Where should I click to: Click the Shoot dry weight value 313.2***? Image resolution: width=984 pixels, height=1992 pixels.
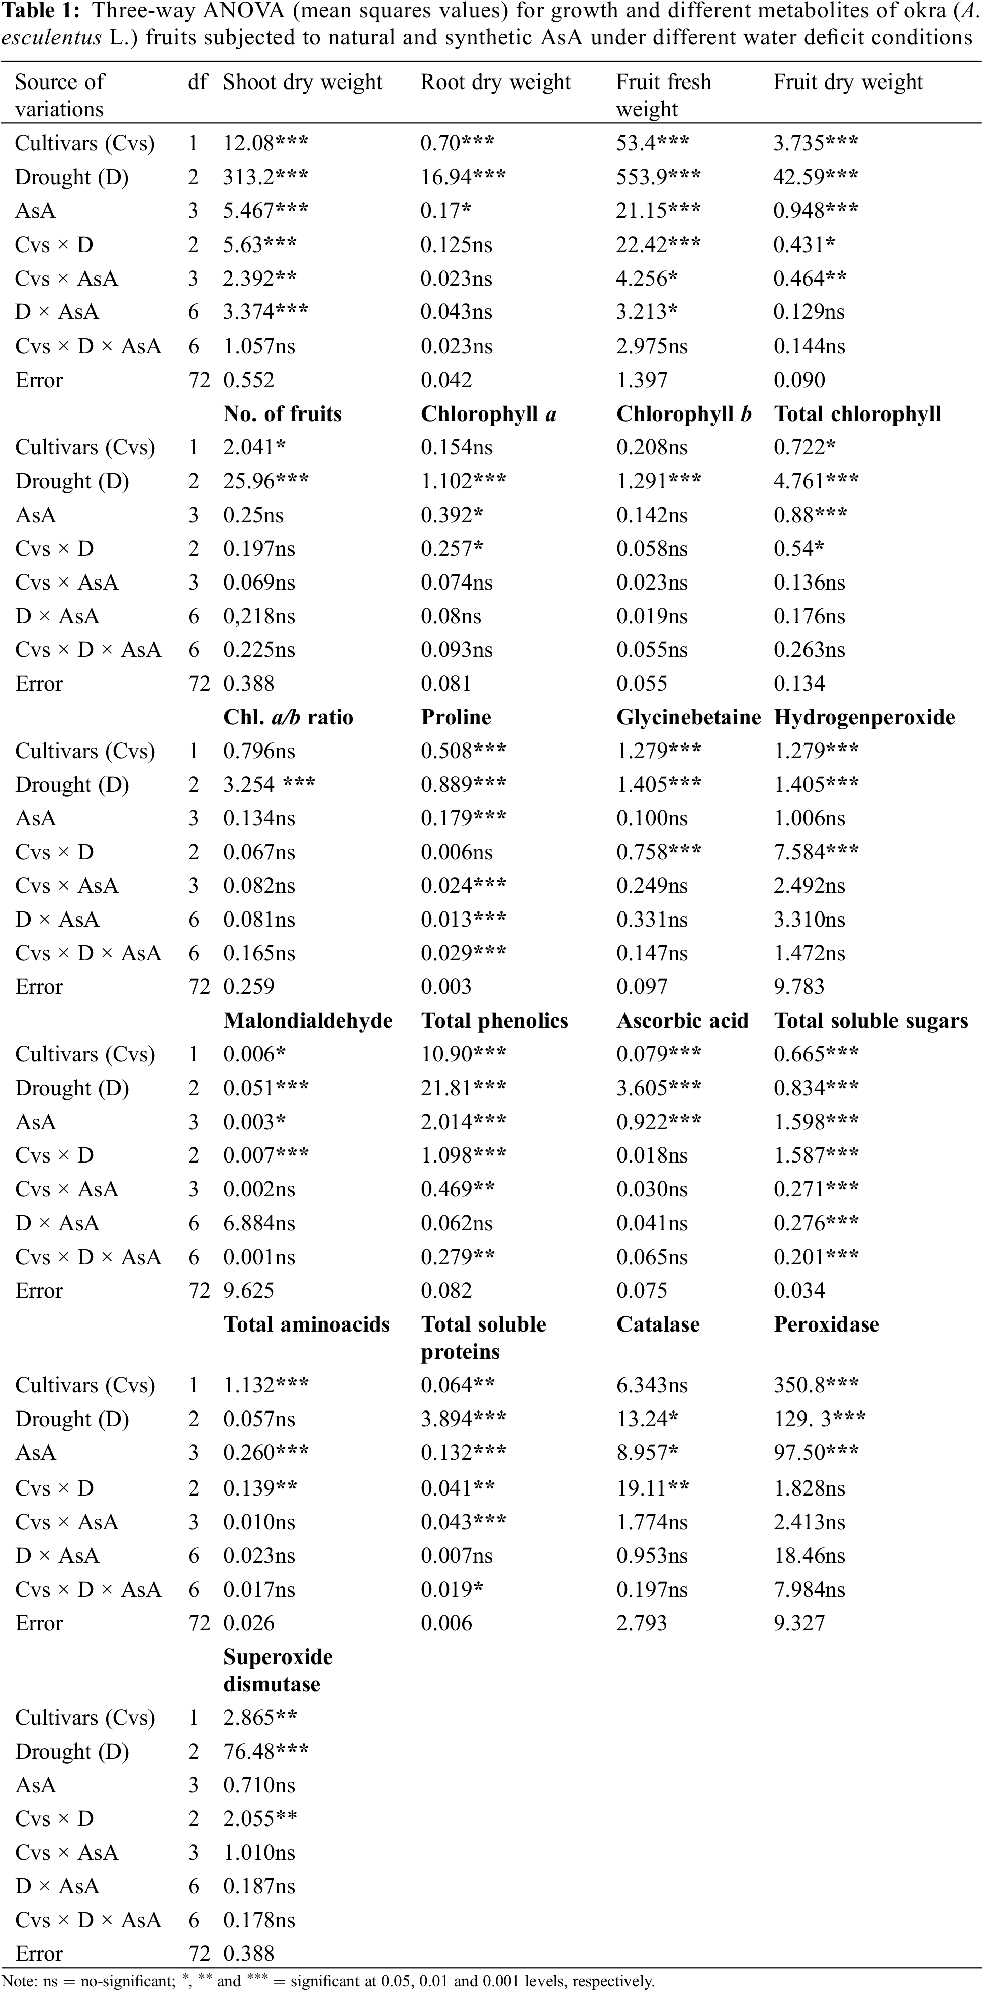coord(265,177)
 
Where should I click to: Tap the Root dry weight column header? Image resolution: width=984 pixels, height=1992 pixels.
coord(495,82)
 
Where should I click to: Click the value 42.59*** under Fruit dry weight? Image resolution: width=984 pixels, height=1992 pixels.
coord(816,177)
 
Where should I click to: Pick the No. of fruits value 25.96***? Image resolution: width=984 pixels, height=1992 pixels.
coord(265,481)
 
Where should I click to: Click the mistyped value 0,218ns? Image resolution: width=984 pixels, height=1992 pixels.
coord(259,616)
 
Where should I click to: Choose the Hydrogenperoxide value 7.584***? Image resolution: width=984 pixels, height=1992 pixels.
coord(816,852)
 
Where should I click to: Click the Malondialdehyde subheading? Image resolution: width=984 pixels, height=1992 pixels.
coord(308,1021)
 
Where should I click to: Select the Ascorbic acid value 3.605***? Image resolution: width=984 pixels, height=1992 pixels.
coord(659,1088)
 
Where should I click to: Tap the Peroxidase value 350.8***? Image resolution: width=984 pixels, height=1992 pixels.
coord(816,1385)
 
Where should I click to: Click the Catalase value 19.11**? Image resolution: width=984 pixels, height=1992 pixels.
coord(648,1488)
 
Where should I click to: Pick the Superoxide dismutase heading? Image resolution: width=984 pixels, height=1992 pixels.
coord(278,1670)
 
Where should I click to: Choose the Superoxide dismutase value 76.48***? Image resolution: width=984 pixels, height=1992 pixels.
coord(265,1752)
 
